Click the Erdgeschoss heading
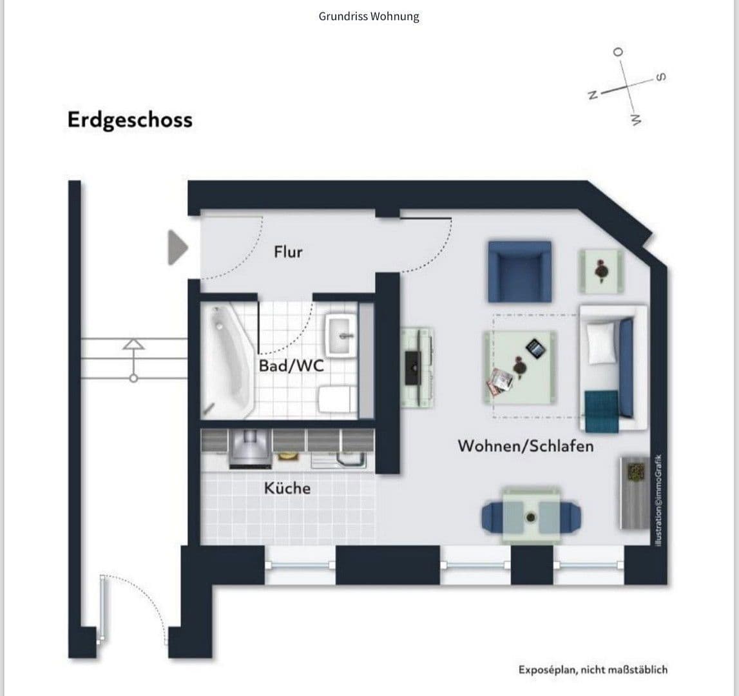tap(130, 121)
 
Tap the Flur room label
tap(288, 251)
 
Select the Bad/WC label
tap(291, 366)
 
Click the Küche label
tap(287, 488)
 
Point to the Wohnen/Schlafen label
tap(525, 445)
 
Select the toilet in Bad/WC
tap(336, 399)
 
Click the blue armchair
tap(519, 271)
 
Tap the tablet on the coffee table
tap(536, 349)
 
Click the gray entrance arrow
tap(177, 247)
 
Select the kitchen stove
tap(249, 449)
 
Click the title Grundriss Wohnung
tap(369, 16)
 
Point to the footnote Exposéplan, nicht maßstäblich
tap(593, 670)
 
